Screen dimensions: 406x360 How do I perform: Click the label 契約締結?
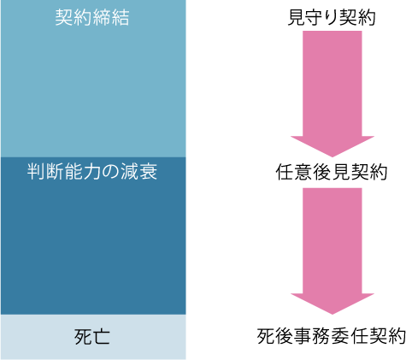tap(92, 17)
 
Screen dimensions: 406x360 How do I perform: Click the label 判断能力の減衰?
tap(92, 172)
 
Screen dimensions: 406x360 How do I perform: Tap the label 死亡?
tap(92, 337)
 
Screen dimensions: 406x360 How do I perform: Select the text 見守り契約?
tap(332, 17)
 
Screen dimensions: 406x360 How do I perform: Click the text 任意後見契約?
tap(332, 172)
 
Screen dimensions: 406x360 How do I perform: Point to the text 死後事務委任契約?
tap(332, 336)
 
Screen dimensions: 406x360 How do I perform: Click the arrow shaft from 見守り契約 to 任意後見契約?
tap(332, 84)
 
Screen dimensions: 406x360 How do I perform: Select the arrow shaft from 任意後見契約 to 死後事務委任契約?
tap(332, 241)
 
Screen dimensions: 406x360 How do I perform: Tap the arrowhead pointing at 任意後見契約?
tap(332, 146)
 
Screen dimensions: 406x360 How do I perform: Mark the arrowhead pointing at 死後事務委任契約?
tap(332, 304)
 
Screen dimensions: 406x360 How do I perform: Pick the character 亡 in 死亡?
tap(102, 337)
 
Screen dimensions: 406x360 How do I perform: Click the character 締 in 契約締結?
tap(102, 17)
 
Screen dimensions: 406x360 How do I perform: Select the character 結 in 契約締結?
tap(121, 17)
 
